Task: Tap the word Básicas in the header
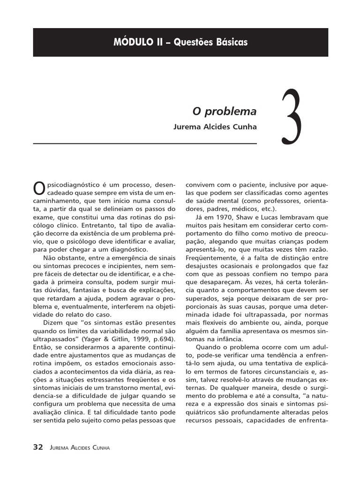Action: (230, 42)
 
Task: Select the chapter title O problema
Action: (225, 112)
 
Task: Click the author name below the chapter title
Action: (215, 127)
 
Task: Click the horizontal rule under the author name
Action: (145, 143)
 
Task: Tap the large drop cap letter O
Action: (40, 187)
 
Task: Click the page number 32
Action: (38, 447)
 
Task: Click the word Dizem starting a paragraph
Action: (53, 322)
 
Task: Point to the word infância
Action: (227, 338)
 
